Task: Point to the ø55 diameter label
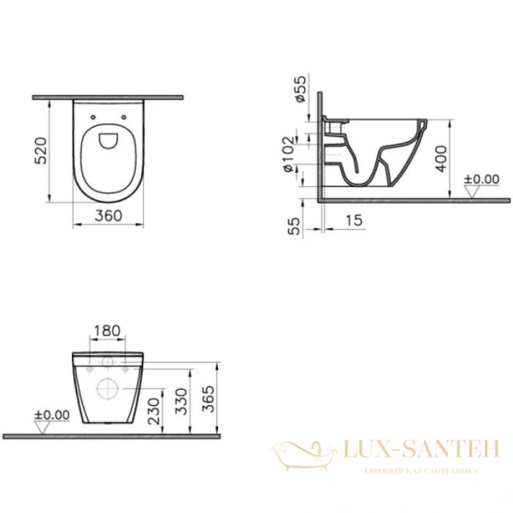coord(299,87)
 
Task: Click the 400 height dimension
coord(441,157)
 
